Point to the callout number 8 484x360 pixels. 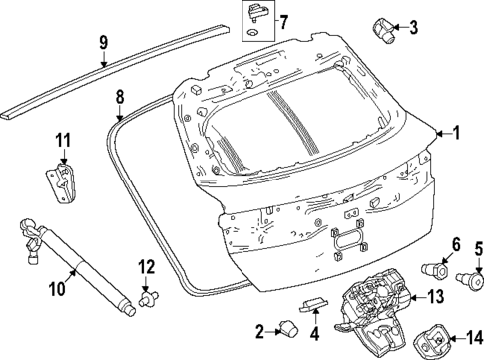[x=120, y=97]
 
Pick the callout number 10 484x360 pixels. [x=56, y=290]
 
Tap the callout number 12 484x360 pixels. [x=146, y=266]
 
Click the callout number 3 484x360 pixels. [x=413, y=25]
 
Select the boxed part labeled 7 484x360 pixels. [x=256, y=18]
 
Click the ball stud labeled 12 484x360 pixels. [x=151, y=296]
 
